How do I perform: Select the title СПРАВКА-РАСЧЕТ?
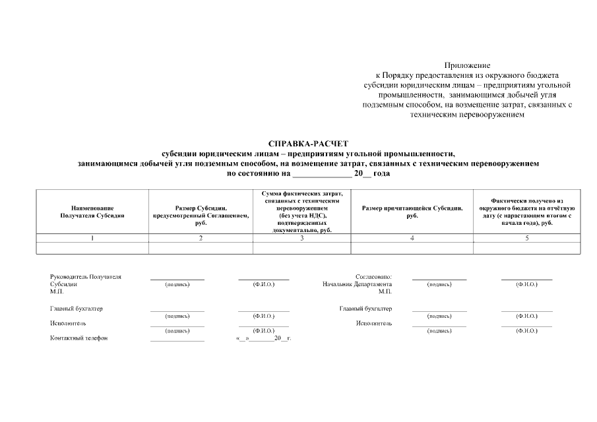pyautogui.click(x=308, y=143)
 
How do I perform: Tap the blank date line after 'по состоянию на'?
pyautogui.click(x=321, y=174)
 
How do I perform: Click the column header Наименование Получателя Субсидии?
pyautogui.click(x=92, y=211)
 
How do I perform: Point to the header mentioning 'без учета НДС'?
pyautogui.click(x=302, y=211)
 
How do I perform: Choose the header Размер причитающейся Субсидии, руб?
pyautogui.click(x=412, y=211)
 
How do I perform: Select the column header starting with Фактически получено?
pyautogui.click(x=526, y=211)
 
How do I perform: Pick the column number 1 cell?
pyautogui.click(x=92, y=238)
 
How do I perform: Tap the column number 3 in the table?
pyautogui.click(x=302, y=238)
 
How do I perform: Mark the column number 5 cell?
pyautogui.click(x=526, y=238)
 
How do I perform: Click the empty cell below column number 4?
pyautogui.click(x=412, y=248)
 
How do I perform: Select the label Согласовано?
pyautogui.click(x=374, y=277)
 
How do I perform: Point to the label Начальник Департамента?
pyautogui.click(x=357, y=284)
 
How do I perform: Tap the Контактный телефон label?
pyautogui.click(x=79, y=338)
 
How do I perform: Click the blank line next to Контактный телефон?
pyautogui.click(x=177, y=339)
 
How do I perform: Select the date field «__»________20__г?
pyautogui.click(x=263, y=338)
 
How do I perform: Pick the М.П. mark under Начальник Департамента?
pyautogui.click(x=385, y=291)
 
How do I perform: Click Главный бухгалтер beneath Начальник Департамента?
pyautogui.click(x=365, y=309)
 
